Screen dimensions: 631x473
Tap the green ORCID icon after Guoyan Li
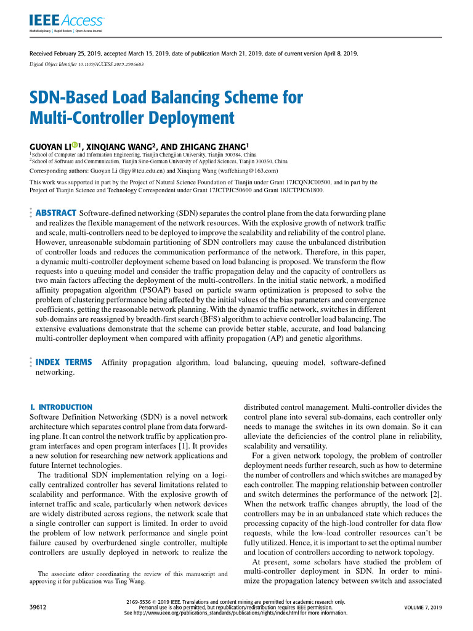(x=75, y=145)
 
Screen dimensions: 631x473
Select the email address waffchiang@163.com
(x=248, y=170)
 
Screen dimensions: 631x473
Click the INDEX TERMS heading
(x=64, y=362)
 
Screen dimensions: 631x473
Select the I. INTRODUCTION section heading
(x=61, y=407)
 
